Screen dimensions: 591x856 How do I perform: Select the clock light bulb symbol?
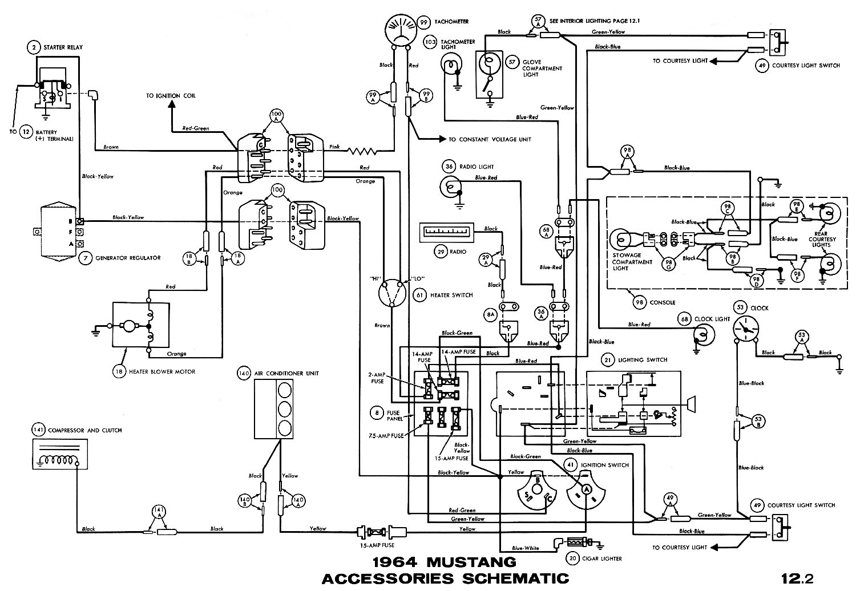tap(702, 334)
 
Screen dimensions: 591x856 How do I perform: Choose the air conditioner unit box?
tap(277, 408)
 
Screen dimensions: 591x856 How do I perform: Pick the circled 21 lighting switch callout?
tap(608, 360)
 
